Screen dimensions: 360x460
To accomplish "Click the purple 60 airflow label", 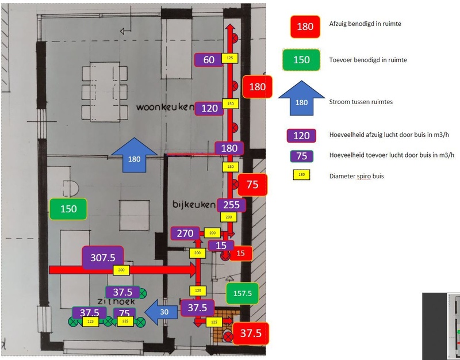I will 209,59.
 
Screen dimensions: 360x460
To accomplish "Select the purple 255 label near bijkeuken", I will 231,204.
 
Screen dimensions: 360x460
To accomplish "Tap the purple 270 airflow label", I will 185,233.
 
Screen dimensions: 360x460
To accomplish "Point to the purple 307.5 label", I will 103,258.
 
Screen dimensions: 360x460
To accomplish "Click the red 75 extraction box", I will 252,185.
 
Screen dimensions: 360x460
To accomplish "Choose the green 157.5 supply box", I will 242,293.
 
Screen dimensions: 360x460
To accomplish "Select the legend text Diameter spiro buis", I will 356,176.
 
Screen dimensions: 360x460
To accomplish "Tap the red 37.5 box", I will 251,334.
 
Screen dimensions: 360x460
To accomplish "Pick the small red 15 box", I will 241,252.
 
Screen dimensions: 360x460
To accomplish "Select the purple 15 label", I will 221,246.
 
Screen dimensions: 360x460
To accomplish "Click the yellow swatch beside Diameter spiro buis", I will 301,175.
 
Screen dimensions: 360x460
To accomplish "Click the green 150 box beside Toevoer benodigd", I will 301,60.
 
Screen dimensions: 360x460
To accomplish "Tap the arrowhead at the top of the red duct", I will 229,28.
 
